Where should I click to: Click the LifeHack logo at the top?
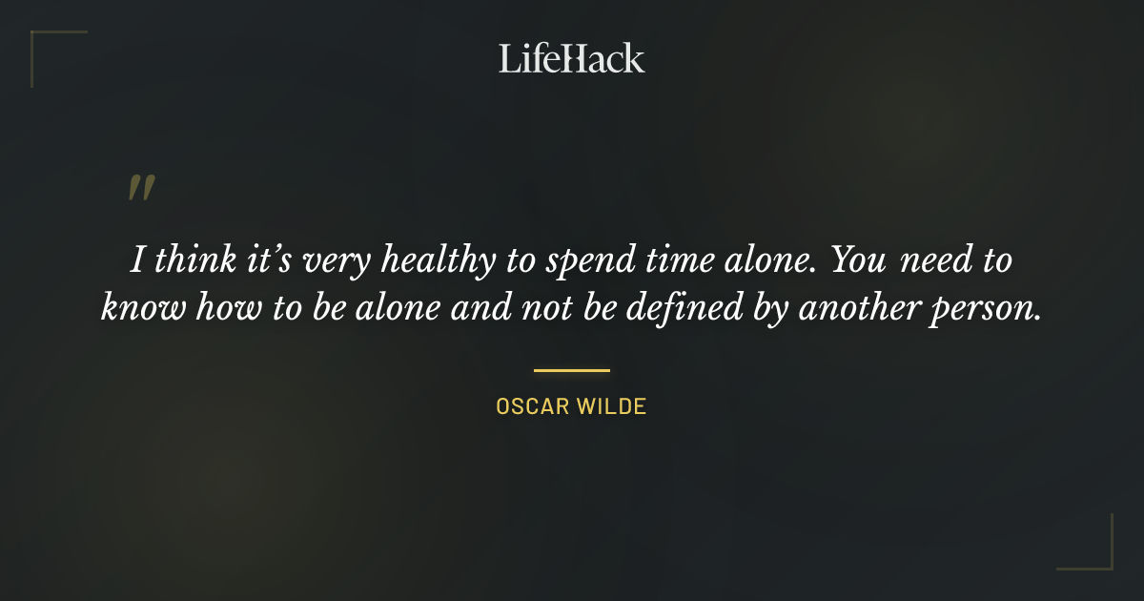[x=571, y=58]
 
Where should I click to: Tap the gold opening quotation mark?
[x=140, y=188]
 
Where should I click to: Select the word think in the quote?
[x=194, y=261]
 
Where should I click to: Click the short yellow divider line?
[x=571, y=370]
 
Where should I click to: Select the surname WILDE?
[x=611, y=406]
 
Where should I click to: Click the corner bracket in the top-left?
[x=43, y=43]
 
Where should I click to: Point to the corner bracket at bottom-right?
[x=1100, y=557]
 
